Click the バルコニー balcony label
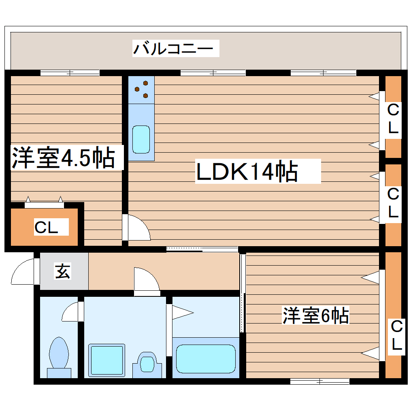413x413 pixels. (x=173, y=49)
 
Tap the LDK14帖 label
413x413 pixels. (x=247, y=172)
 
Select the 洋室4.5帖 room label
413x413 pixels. (x=63, y=158)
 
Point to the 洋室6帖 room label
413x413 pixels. (x=315, y=316)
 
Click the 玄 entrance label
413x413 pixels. (x=63, y=271)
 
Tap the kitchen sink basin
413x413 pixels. (x=141, y=139)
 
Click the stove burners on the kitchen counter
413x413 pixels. (x=142, y=89)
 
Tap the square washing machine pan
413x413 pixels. (x=106, y=360)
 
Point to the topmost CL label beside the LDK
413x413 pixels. (x=393, y=119)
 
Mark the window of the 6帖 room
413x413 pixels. (x=320, y=381)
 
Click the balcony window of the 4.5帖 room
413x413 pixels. (x=70, y=73)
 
